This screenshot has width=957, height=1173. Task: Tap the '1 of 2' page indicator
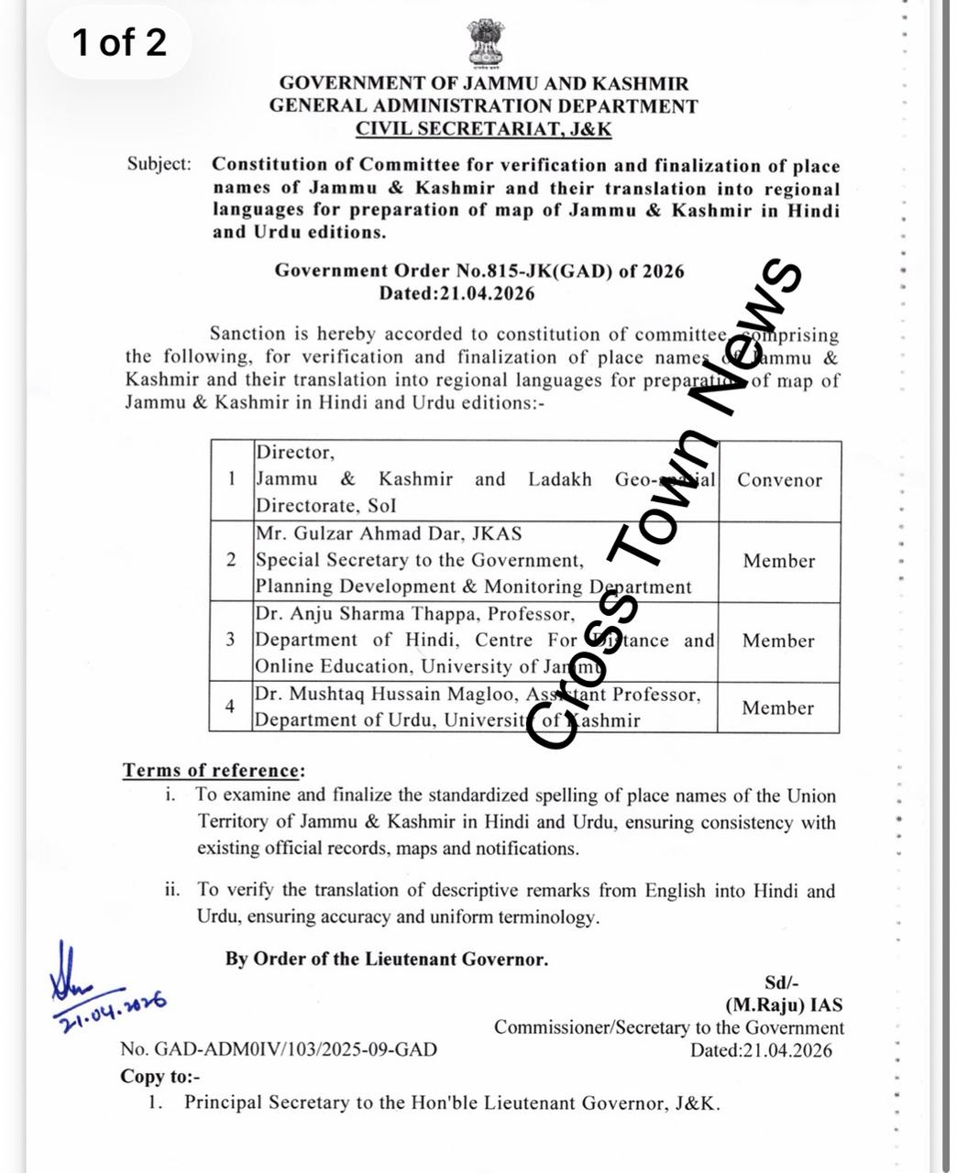point(119,42)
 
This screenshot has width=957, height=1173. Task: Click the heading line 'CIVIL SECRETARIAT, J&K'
point(483,128)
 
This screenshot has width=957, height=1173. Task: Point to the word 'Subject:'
point(159,164)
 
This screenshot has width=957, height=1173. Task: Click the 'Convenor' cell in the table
point(779,480)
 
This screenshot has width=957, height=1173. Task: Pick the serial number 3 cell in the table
point(231,640)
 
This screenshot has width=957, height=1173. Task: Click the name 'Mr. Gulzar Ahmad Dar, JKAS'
point(389,533)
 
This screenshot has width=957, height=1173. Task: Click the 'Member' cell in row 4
point(777,707)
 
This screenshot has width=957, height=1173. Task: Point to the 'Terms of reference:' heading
point(214,771)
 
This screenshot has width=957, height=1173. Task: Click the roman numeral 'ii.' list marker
point(173,890)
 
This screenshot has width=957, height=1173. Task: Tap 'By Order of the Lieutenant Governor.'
point(387,959)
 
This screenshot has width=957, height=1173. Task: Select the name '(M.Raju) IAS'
point(784,1005)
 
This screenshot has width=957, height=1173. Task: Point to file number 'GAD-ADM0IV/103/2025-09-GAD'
point(294,1050)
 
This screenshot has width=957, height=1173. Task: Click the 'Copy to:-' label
point(160,1077)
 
